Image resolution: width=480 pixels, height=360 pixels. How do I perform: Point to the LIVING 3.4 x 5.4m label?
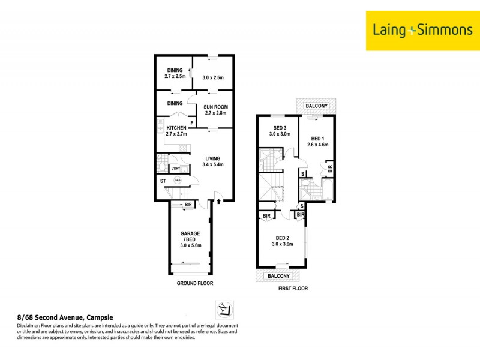pyautogui.click(x=213, y=161)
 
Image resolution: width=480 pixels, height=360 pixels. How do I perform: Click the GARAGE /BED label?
pyautogui.click(x=190, y=236)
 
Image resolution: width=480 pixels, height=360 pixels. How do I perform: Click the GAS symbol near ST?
pyautogui.click(x=177, y=180)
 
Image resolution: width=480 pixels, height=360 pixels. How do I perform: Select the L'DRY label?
pyautogui.click(x=175, y=169)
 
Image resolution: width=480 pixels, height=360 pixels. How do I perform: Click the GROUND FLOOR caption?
pyautogui.click(x=194, y=283)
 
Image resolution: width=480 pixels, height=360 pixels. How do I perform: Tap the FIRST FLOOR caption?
pyautogui.click(x=293, y=289)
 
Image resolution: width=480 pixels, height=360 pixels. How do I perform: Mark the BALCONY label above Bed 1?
pyautogui.click(x=316, y=106)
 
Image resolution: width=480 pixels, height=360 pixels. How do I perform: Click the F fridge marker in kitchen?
pyautogui.click(x=191, y=124)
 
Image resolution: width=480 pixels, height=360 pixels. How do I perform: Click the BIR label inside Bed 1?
pyautogui.click(x=330, y=169)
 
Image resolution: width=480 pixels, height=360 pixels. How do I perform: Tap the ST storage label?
pyautogui.click(x=163, y=181)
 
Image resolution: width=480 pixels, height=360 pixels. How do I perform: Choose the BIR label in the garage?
pyautogui.click(x=188, y=205)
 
